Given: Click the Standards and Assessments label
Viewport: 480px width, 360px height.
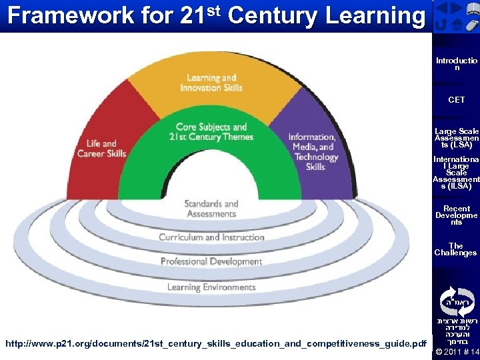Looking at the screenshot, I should pos(211,209).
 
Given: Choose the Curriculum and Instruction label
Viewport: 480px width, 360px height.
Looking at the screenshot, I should pos(211,237).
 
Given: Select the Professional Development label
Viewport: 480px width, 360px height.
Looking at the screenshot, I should pos(211,262).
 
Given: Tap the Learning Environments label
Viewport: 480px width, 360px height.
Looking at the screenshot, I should pos(211,287).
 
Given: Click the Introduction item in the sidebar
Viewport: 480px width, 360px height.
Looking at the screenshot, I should pos(457,64).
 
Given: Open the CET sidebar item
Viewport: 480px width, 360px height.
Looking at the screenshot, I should pos(457,100).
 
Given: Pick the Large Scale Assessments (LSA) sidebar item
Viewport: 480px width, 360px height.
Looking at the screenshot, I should pos(457,138).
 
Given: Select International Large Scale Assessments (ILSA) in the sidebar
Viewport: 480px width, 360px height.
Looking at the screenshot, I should pos(457,173).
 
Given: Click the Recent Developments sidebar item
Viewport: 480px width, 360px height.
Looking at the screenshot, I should pos(457,215).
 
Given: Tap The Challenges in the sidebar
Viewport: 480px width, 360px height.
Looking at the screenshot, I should pos(457,249).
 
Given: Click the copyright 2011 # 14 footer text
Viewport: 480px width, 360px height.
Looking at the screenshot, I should pos(457,351).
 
